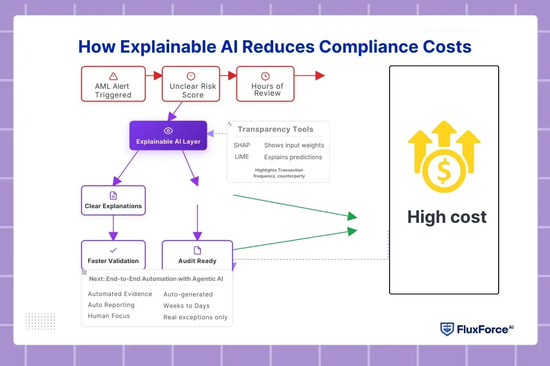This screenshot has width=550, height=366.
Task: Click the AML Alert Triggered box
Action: click(x=113, y=84)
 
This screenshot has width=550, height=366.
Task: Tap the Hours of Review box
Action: click(x=265, y=84)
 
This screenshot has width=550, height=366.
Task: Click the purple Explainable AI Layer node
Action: click(x=168, y=135)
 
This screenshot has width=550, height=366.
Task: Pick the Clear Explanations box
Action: click(x=113, y=200)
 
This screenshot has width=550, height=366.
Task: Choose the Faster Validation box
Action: click(x=113, y=255)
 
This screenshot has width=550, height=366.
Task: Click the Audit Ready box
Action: click(x=197, y=255)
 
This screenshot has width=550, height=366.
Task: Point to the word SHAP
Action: click(x=242, y=145)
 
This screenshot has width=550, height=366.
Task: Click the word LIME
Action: click(x=242, y=157)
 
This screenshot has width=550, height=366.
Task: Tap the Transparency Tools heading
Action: click(x=275, y=129)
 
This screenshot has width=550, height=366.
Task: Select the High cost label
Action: click(x=447, y=217)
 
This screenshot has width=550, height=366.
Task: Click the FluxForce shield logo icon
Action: click(x=447, y=329)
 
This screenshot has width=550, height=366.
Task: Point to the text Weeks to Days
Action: click(x=186, y=306)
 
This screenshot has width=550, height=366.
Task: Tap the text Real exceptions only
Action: click(x=195, y=317)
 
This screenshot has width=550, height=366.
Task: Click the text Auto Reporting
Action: click(x=111, y=305)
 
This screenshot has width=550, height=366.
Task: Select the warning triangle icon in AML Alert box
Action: click(x=113, y=76)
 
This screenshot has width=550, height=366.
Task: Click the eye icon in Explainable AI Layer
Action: click(x=168, y=131)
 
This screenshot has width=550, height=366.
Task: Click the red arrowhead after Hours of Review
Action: click(x=320, y=76)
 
